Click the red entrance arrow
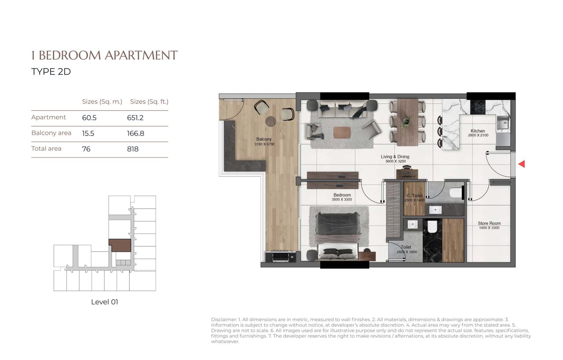coord(522,164)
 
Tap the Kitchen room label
coord(478,131)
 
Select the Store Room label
coord(489,223)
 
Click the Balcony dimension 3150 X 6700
coord(264,144)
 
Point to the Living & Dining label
coord(395,157)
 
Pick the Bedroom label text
coord(342,195)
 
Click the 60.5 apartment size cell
coord(89,118)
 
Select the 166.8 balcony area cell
coord(135,133)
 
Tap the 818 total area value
coord(133,149)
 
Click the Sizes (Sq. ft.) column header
coord(149,102)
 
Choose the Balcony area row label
coord(51,133)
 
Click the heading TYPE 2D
coord(51,72)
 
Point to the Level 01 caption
coord(105,302)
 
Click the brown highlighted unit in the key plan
coord(120,246)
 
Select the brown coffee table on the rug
coord(342,132)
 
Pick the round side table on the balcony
coord(271,121)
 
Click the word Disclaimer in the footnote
coord(224,320)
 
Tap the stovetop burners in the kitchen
coord(478,107)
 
